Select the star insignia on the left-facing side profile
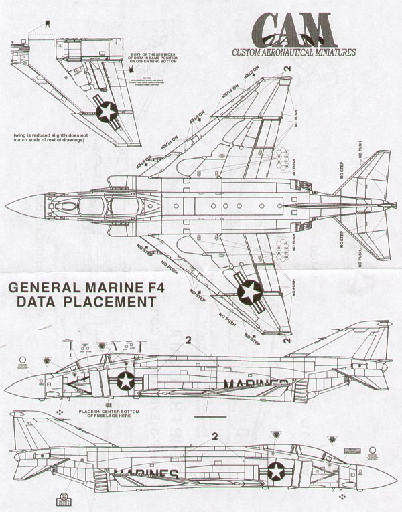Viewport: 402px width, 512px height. (x=125, y=381)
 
